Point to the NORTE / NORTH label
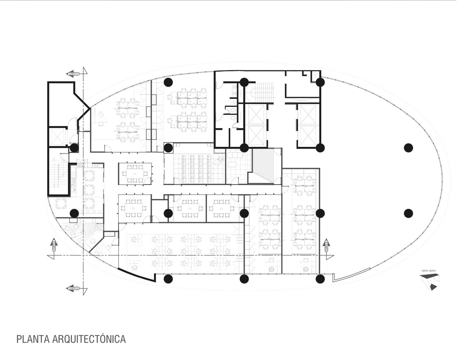tap(429, 270)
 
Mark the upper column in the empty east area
tap(408, 148)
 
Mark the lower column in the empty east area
tap(408, 213)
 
